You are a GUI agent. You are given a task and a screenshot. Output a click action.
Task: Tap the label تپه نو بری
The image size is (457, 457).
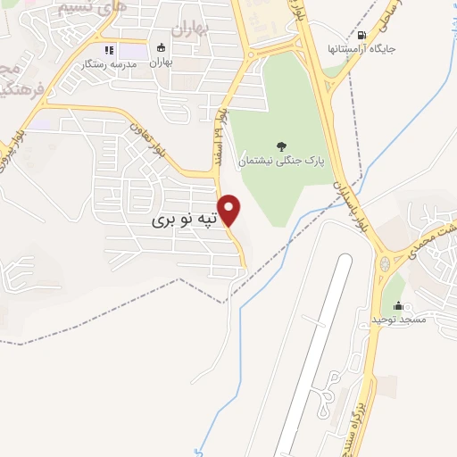pyautogui.click(x=183, y=219)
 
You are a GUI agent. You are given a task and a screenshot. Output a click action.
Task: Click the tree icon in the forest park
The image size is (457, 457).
pyautogui.click(x=282, y=147)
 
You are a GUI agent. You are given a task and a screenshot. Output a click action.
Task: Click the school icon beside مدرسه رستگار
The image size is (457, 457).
pyautogui.click(x=109, y=51)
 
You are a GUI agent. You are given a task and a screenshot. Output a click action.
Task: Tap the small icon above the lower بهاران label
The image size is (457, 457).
pyautogui.click(x=161, y=48)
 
